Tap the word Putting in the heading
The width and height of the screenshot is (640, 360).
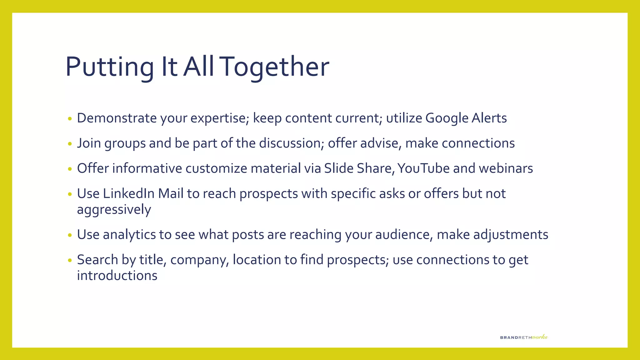pyautogui.click(x=109, y=67)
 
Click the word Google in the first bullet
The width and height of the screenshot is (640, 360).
pyautogui.click(x=447, y=118)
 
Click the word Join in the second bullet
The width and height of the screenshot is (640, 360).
pyautogui.click(x=89, y=143)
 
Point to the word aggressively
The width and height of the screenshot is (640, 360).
pyautogui.click(x=114, y=210)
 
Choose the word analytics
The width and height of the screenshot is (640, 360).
pyautogui.click(x=129, y=235)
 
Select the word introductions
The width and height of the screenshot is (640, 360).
pyautogui.click(x=117, y=276)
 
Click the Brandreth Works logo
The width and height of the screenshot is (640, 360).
pyautogui.click(x=524, y=337)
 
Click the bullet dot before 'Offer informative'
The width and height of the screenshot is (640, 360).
pyautogui.click(x=70, y=169)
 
